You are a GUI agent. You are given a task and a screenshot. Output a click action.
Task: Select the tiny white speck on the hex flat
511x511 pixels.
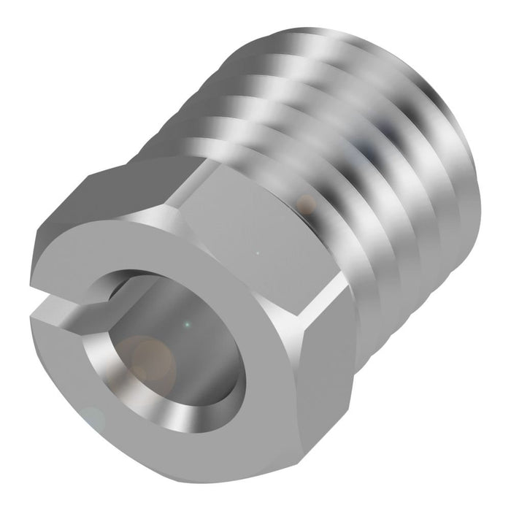pyautogui.click(x=256, y=255)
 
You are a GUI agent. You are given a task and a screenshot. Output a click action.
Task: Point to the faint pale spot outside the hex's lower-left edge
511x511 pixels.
pyautogui.click(x=93, y=418)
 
